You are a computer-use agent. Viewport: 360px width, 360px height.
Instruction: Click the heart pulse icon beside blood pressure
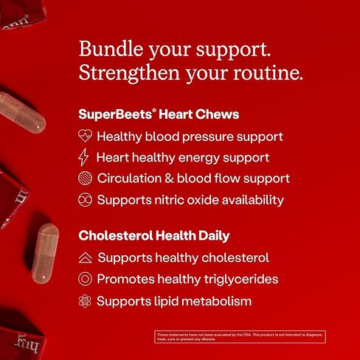86,136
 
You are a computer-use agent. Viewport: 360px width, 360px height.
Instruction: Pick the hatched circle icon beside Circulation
86,179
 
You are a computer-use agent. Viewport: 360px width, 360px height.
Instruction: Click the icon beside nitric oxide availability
86,199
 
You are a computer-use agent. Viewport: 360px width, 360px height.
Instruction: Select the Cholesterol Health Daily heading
153,236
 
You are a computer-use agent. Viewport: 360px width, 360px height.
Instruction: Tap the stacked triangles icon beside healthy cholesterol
86,258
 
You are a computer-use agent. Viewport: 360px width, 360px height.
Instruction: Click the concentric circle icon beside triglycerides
86,280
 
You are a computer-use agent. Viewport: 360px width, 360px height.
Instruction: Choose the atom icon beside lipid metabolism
86,301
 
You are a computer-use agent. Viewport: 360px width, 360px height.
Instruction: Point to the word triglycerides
240,280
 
